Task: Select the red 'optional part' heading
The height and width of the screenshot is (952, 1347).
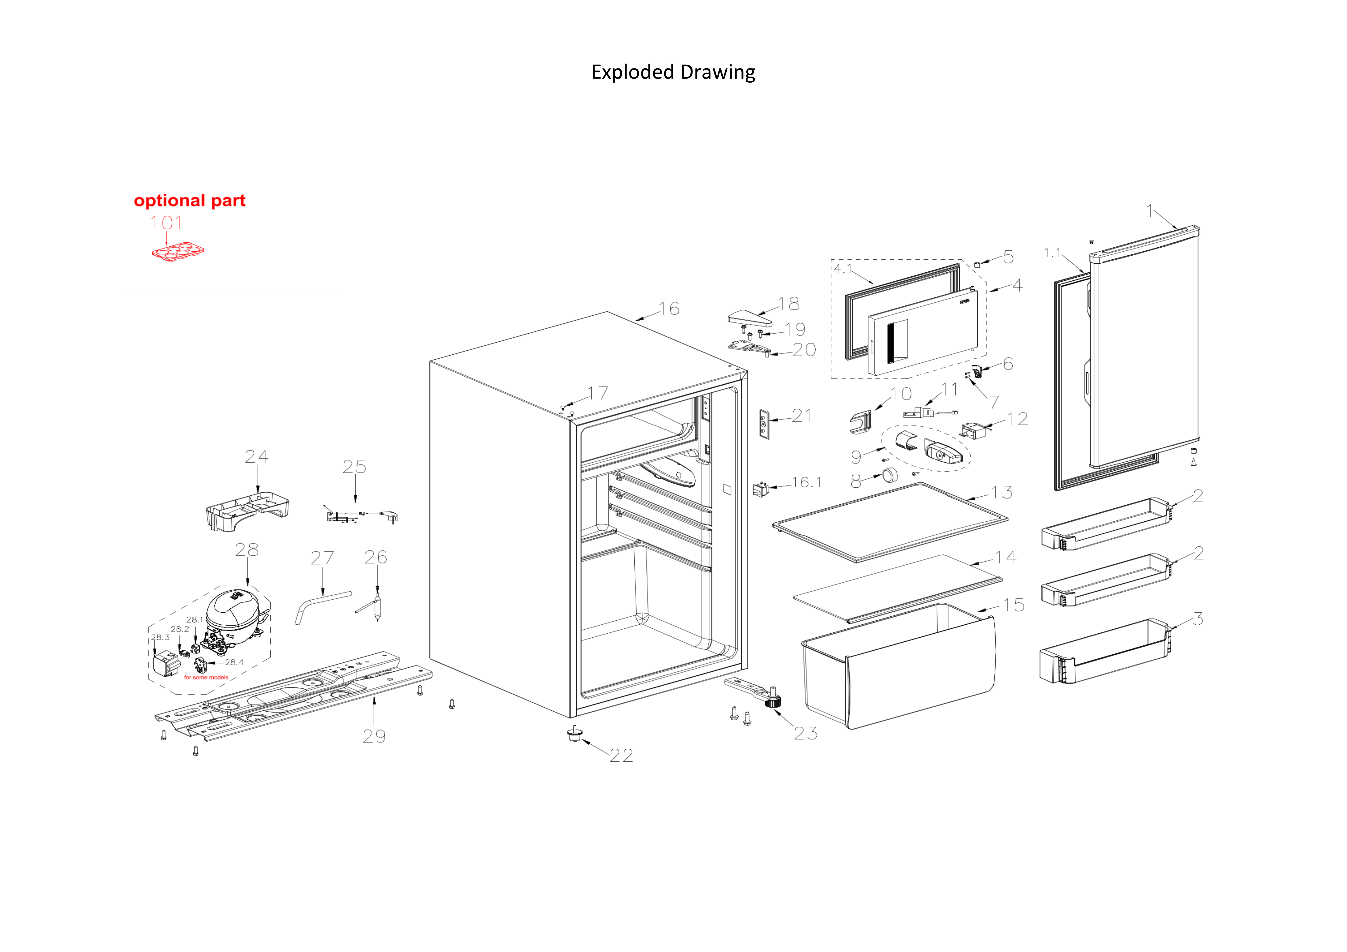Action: [189, 201]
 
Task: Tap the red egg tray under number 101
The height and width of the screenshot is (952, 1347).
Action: [178, 252]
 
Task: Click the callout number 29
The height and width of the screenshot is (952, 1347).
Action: [374, 736]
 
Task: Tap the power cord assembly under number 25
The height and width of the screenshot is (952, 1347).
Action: [361, 516]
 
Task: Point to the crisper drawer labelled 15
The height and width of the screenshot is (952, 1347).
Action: [900, 669]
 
